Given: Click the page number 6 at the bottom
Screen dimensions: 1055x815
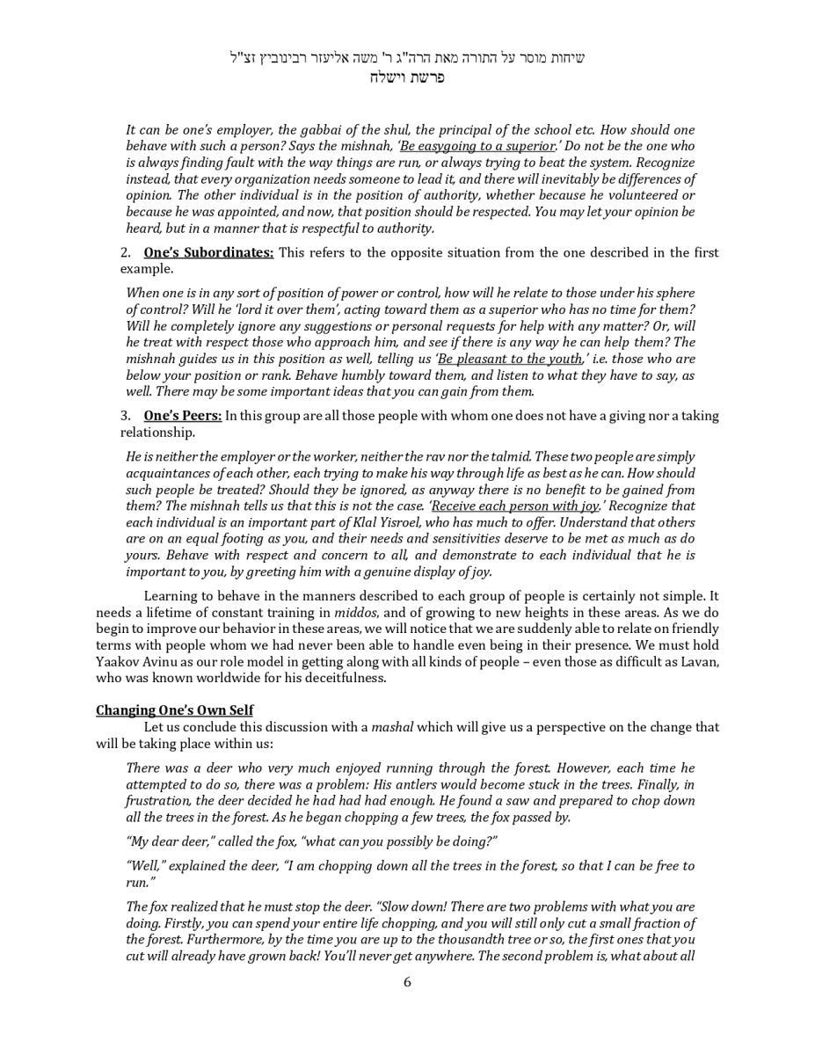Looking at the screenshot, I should (x=407, y=982).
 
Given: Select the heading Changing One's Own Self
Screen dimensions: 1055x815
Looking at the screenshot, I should (x=174, y=710).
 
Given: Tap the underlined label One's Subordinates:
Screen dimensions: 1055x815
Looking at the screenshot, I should (x=208, y=252).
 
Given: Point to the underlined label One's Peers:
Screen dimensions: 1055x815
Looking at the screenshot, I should (x=183, y=416).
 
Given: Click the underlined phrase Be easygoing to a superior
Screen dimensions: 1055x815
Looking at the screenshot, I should (x=477, y=146).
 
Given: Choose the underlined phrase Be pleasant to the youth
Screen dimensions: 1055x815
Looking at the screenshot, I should (x=510, y=359).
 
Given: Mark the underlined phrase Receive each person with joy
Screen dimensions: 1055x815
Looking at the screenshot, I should (x=515, y=506).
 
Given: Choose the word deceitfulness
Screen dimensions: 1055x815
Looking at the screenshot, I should (x=339, y=678).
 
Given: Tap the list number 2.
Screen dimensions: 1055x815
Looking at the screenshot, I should (x=126, y=252).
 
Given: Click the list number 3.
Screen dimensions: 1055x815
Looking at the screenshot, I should (x=126, y=416).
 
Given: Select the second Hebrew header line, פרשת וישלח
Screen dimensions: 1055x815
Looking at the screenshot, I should (x=407, y=76).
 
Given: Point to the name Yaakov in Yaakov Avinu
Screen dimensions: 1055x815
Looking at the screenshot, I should (x=119, y=661).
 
